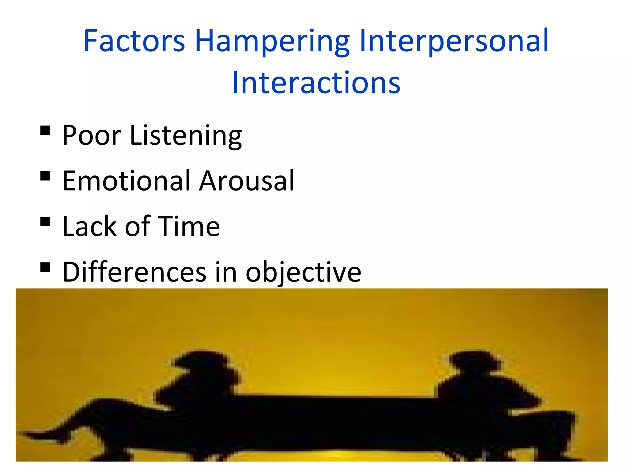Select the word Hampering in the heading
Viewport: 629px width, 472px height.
tap(272, 41)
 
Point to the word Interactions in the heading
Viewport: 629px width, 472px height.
tap(316, 83)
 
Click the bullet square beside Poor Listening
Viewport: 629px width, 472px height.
tap(45, 131)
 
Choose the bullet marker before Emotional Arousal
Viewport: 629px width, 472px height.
tap(45, 176)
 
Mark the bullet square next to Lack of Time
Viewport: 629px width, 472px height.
tap(45, 222)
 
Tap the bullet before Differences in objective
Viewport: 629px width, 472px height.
tap(45, 267)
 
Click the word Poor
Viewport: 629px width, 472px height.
tap(92, 135)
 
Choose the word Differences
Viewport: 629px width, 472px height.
tap(134, 272)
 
